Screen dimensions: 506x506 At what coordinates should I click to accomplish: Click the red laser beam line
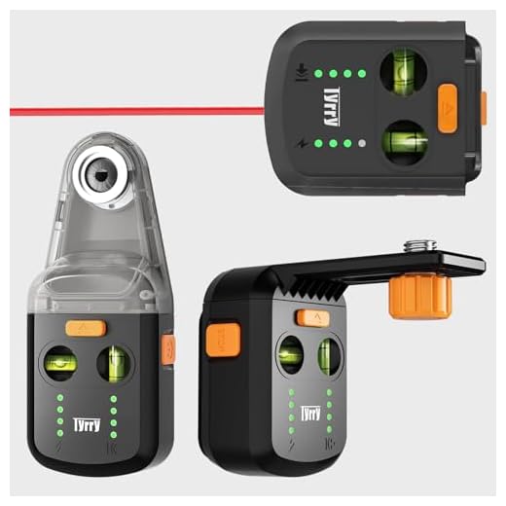pos(136,111)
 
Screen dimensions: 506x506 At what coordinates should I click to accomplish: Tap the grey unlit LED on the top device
pos(362,143)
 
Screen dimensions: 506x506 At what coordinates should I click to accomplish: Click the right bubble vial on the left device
pos(116,365)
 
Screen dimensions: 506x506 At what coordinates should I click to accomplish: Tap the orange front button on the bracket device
pos(312,318)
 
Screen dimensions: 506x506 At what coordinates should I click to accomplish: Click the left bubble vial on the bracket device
pos(288,355)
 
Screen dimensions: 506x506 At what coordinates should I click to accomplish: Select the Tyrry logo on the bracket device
pos(310,413)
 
